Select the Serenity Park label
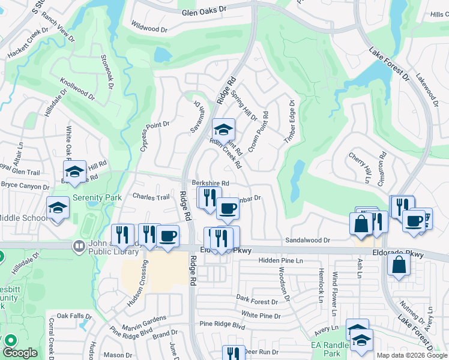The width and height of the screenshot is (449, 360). click(x=97, y=197)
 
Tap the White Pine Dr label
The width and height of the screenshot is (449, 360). click(x=261, y=315)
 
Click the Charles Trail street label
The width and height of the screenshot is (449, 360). click(x=151, y=197)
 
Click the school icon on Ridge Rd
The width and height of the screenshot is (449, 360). click(x=223, y=129)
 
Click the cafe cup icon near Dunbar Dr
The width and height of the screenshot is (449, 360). click(x=228, y=208)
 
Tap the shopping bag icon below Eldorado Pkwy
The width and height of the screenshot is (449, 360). click(x=399, y=264)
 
